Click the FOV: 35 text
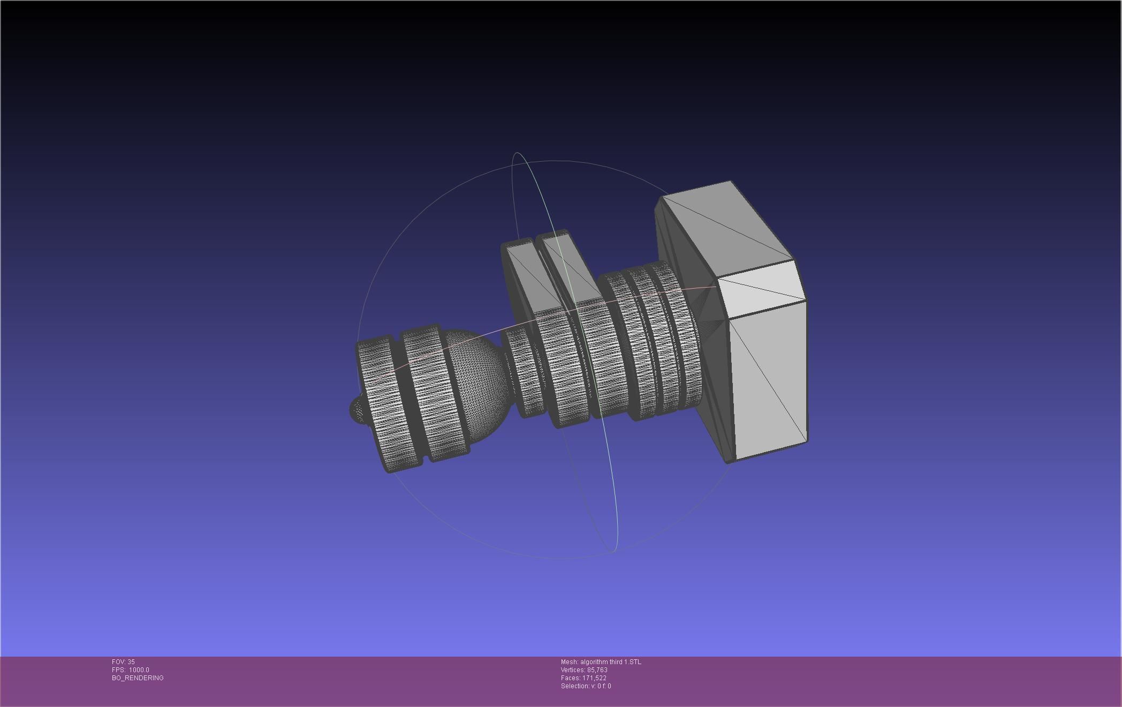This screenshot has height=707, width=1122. tap(123, 662)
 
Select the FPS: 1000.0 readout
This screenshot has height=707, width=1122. tap(130, 670)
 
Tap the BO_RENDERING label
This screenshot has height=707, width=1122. tap(138, 678)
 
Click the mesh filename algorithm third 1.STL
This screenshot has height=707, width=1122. tap(601, 662)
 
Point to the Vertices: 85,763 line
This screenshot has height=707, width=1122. tap(583, 670)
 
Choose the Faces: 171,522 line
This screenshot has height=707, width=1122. tap(583, 678)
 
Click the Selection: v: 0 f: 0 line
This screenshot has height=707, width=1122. tap(586, 686)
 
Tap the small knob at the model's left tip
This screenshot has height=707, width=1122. tap(357, 410)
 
